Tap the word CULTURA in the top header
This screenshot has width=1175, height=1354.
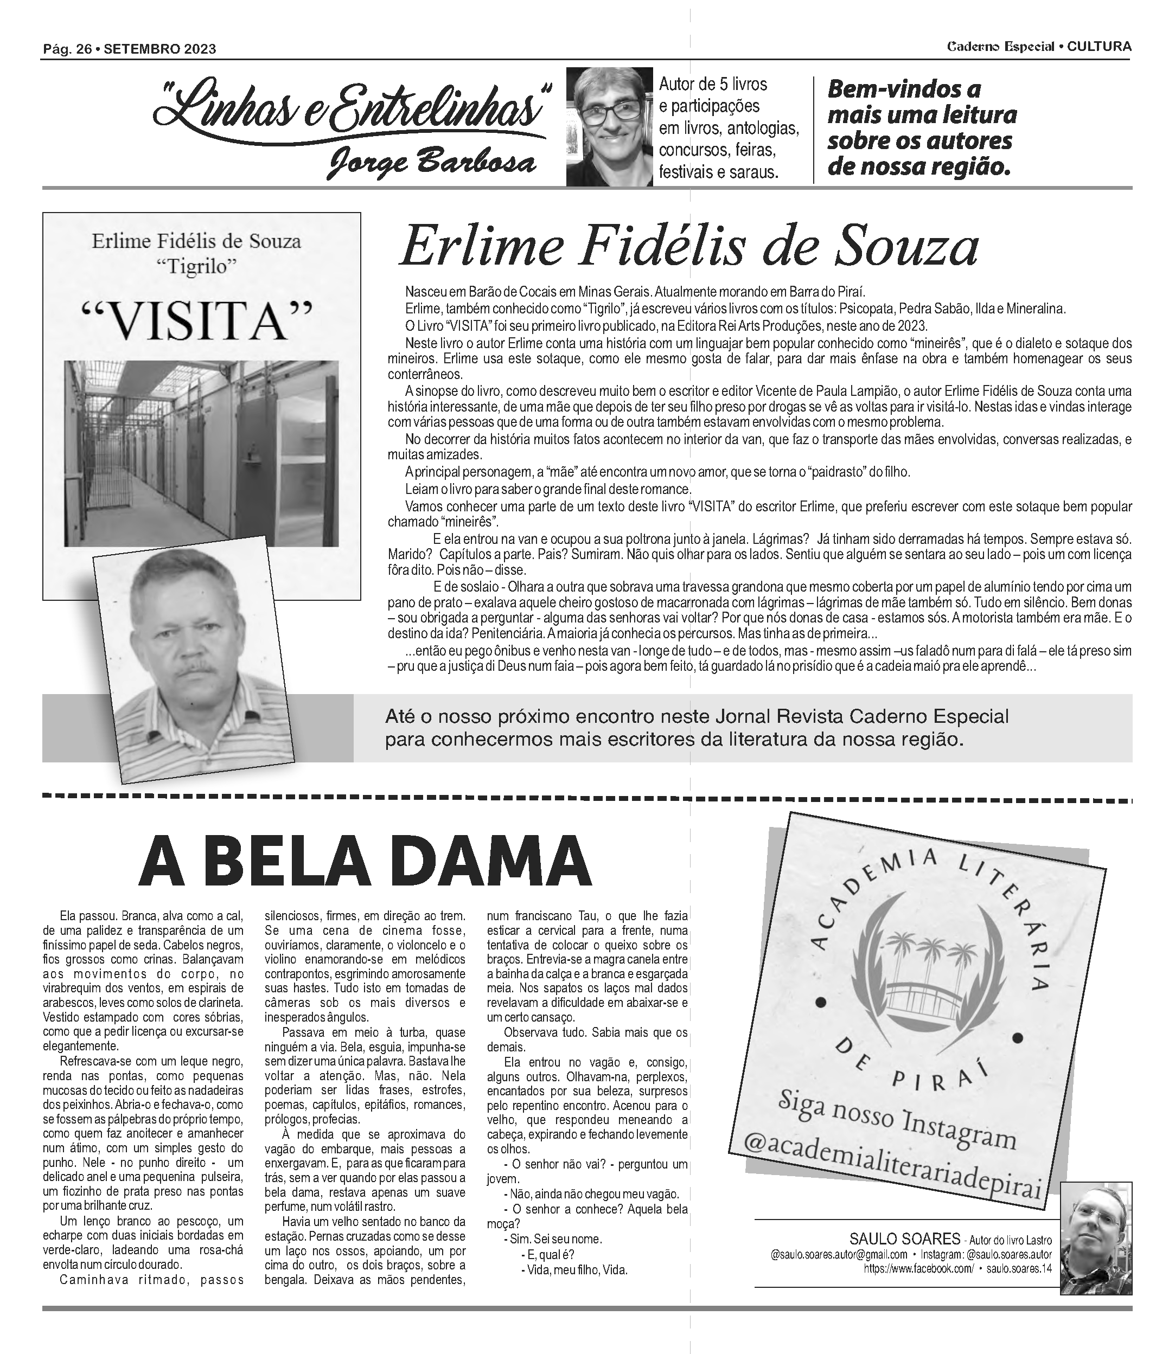1099,47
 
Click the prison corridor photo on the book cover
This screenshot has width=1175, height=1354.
201,452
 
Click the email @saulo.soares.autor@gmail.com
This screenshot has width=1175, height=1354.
839,1254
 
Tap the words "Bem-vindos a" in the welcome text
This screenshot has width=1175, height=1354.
904,89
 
